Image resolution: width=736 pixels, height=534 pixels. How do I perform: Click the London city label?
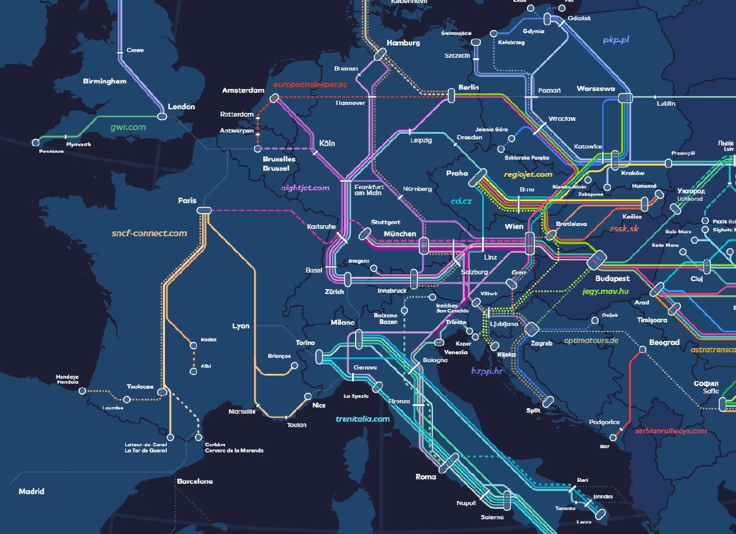pos(181,107)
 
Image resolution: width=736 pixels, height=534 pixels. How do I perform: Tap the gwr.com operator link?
pos(128,127)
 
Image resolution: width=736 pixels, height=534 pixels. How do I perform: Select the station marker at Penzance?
pos(36,142)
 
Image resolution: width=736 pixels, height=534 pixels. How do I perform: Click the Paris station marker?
pos(204,211)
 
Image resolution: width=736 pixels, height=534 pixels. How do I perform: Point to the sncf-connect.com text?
pos(149,233)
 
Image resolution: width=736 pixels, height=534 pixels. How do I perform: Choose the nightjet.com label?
pos(305,188)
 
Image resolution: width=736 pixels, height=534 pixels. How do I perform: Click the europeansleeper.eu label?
pos(310,84)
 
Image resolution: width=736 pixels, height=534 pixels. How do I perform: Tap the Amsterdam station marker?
pos(275,97)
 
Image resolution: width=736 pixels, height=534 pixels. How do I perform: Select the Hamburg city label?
pos(403,43)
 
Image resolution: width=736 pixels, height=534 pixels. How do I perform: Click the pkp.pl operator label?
pos(616,40)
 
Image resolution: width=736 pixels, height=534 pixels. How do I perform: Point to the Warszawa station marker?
pos(625,98)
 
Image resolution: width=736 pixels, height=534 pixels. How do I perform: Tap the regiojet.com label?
pos(527,174)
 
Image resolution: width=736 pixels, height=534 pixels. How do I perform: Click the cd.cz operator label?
pos(461,201)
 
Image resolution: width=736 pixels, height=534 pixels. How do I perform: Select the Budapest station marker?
pos(596,260)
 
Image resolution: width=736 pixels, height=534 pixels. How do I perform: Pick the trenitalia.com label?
pos(362,419)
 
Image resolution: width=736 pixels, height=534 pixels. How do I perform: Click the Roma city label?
pos(426,477)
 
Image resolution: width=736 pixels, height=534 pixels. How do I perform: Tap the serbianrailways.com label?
pos(671,431)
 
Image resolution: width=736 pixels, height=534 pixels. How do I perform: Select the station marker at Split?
pos(548,401)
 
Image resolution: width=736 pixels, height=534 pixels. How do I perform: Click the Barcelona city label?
pos(194,481)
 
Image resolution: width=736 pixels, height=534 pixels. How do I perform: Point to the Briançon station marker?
pos(294,366)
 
